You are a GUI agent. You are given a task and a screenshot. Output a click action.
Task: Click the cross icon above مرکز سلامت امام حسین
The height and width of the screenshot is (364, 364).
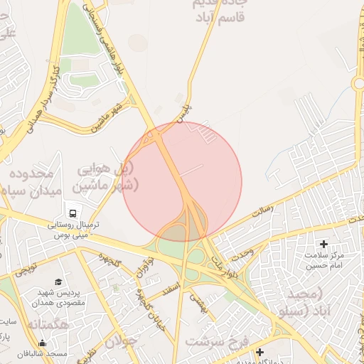click(326, 245)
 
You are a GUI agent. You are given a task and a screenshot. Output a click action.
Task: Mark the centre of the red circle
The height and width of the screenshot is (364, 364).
click(182, 182)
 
